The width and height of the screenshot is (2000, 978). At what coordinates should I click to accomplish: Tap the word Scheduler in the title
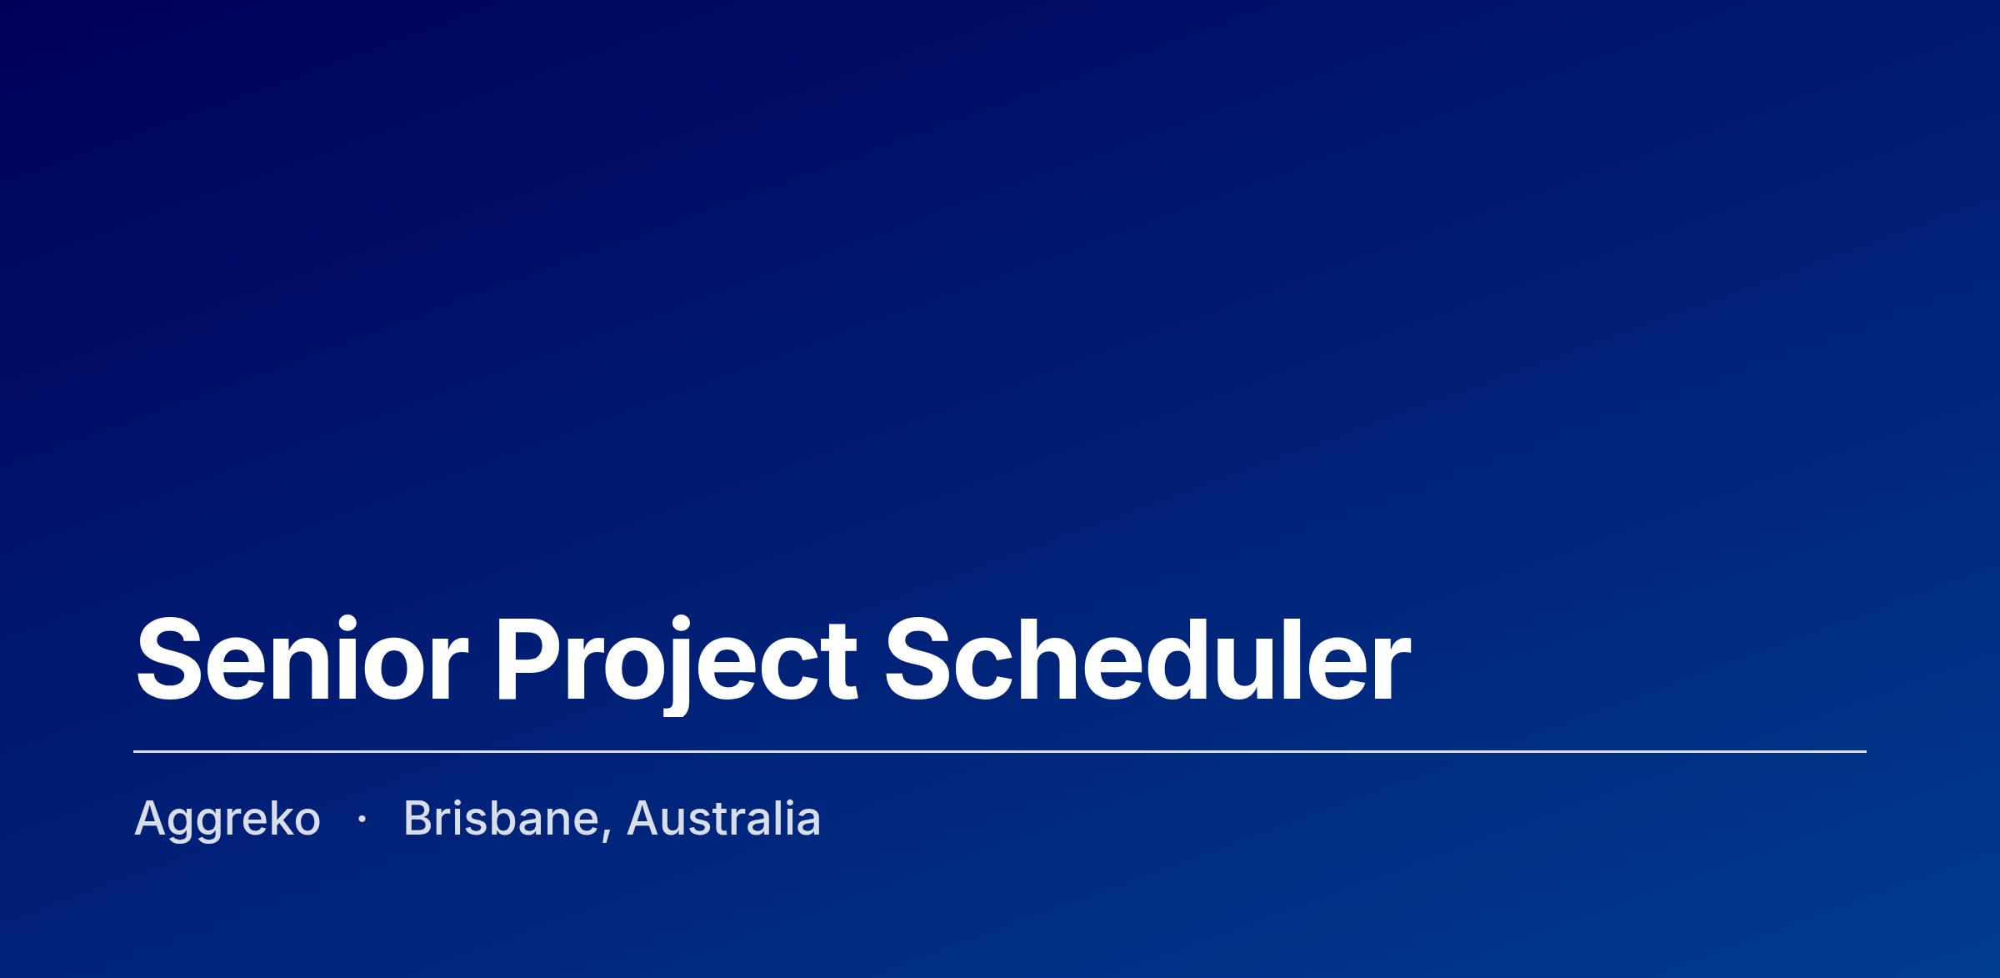[x=1147, y=658]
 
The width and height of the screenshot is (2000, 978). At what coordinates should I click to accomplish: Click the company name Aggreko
[x=227, y=820]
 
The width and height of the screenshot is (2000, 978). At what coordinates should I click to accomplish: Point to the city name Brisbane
[x=501, y=818]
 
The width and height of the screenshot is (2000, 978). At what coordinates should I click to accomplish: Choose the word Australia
[x=723, y=818]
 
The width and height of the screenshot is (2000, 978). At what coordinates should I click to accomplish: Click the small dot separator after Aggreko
[x=362, y=820]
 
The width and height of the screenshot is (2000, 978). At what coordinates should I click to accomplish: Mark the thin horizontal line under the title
[x=1000, y=751]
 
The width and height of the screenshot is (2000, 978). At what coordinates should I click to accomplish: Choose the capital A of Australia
[x=645, y=818]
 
